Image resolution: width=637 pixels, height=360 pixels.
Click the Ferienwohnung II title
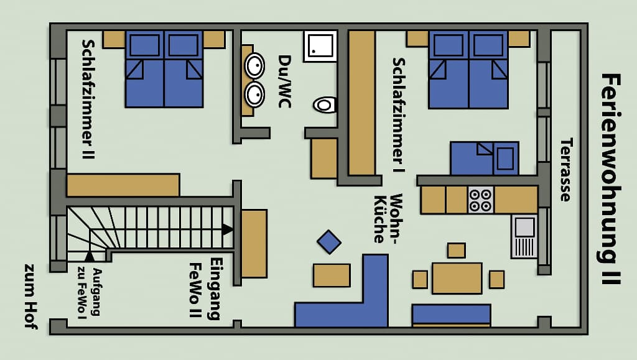click(x=611, y=180)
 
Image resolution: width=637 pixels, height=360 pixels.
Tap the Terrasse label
click(x=566, y=170)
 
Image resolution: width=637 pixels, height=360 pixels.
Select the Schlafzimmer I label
click(x=399, y=115)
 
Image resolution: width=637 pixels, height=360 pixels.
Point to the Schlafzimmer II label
click(x=88, y=99)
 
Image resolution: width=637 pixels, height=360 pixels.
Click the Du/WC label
click(x=284, y=81)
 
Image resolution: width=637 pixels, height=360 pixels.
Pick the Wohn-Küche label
click(x=388, y=218)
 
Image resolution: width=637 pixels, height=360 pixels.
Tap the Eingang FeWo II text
click(x=205, y=289)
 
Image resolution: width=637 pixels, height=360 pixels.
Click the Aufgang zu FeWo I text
click(x=90, y=292)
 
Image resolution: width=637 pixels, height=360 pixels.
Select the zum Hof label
click(x=31, y=297)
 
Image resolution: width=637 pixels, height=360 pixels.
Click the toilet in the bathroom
click(x=325, y=105)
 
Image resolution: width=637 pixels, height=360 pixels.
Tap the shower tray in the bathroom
click(x=320, y=46)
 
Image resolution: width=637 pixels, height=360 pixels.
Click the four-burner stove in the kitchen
click(x=481, y=200)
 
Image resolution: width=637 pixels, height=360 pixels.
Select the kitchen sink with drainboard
click(x=524, y=237)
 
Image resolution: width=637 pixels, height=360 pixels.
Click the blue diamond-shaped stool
click(x=328, y=242)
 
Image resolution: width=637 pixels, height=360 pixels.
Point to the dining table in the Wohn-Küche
click(x=457, y=278)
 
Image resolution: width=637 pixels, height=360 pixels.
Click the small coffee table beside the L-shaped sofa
click(x=332, y=275)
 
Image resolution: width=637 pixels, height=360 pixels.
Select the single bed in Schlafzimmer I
click(x=484, y=159)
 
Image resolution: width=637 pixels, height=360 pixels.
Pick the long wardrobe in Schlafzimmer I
click(x=361, y=103)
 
